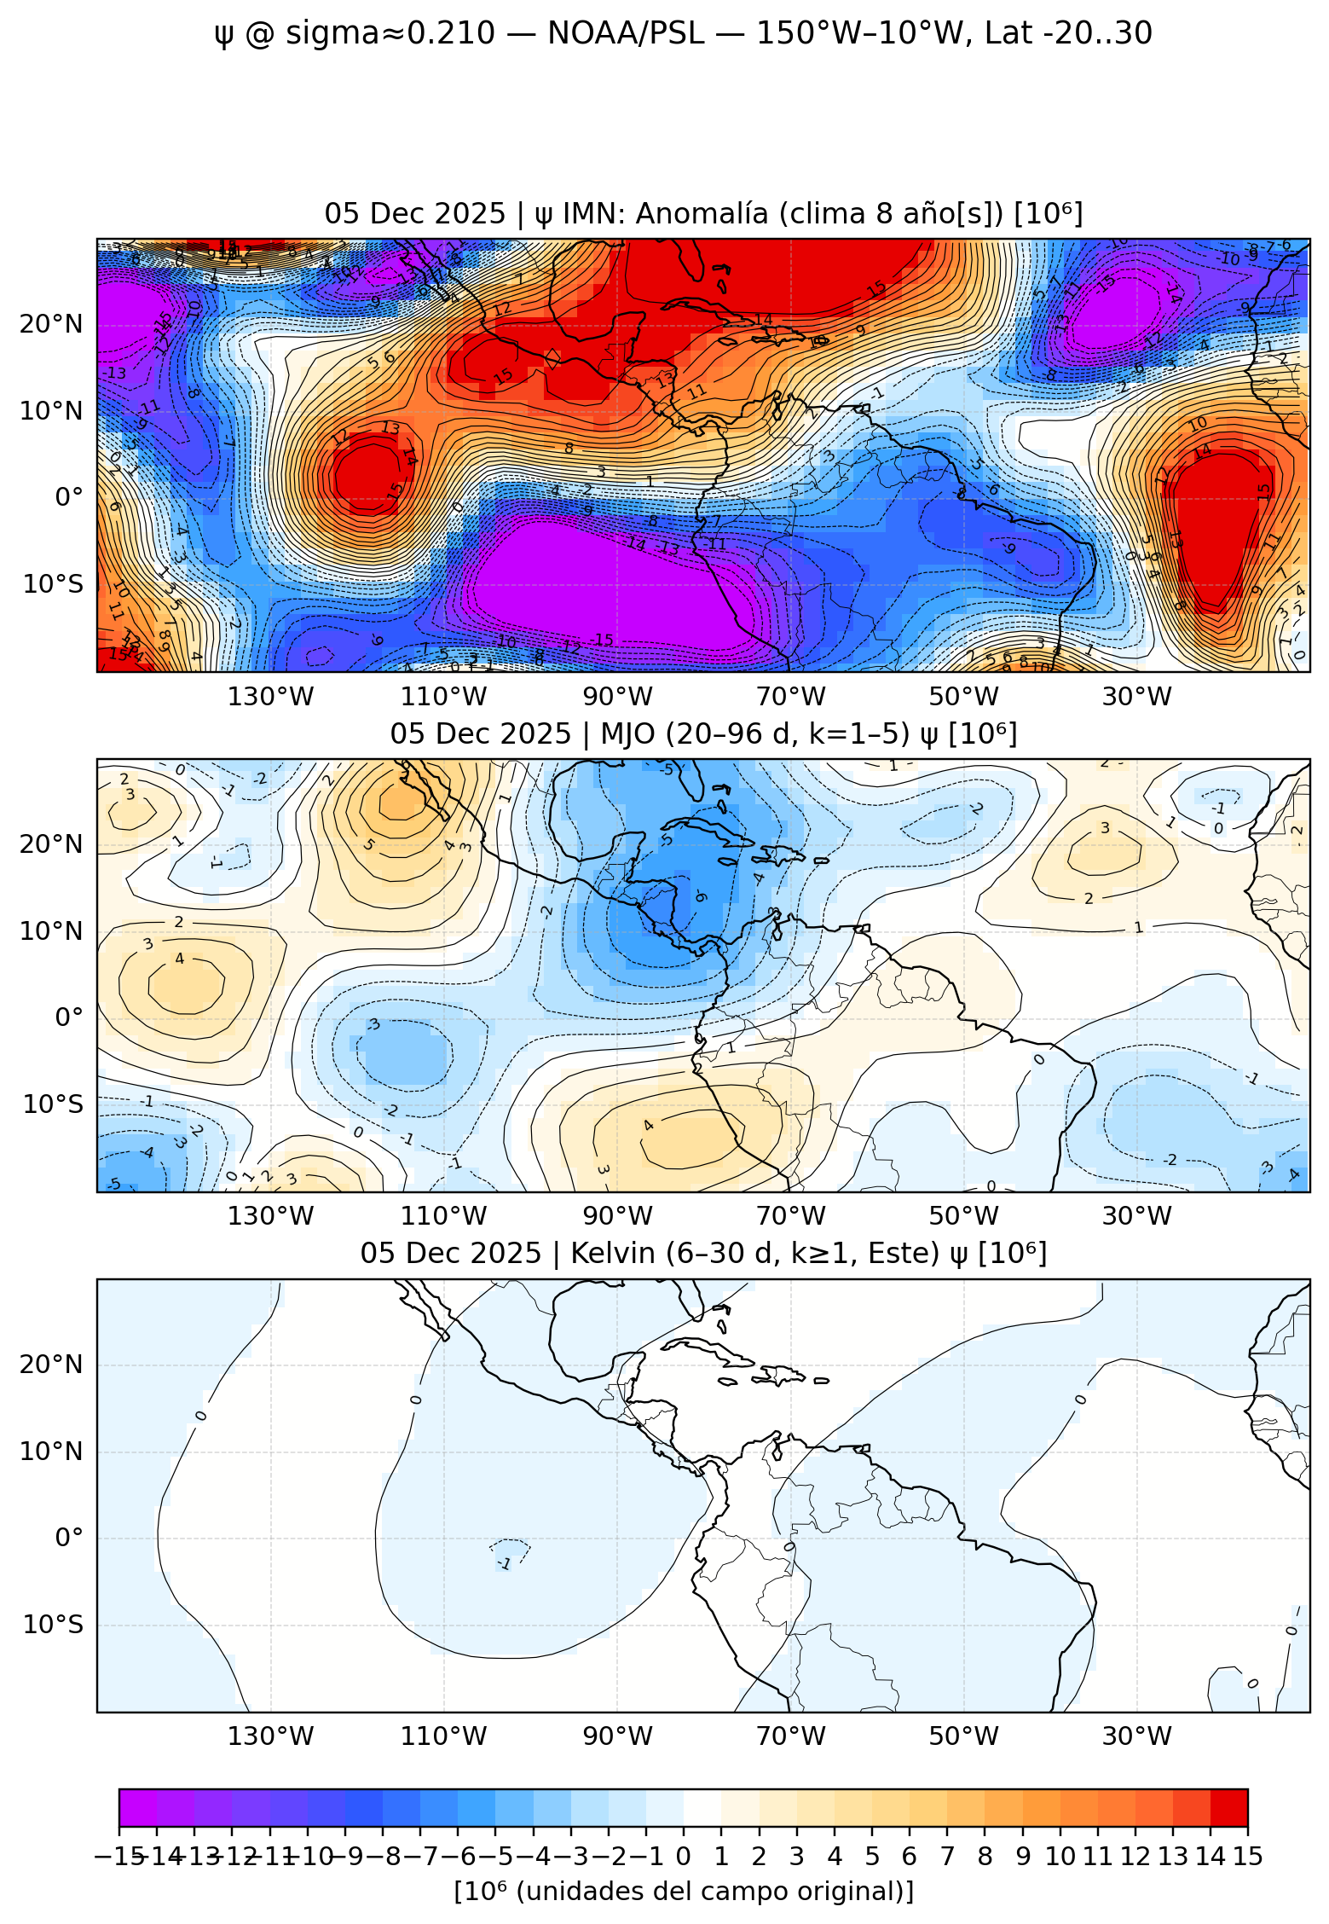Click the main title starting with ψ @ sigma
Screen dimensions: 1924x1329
682,34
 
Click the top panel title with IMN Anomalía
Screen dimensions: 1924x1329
703,213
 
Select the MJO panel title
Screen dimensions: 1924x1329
703,733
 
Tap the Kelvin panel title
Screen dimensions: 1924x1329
703,1253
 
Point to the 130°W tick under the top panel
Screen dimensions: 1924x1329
270,697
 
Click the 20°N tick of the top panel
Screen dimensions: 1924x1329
51,324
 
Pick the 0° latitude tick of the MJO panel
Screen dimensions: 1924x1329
68,1017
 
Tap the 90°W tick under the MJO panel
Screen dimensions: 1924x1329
617,1215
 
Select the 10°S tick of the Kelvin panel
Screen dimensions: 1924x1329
53,1624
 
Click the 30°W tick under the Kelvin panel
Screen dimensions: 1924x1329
1136,1736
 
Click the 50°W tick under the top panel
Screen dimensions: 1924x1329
963,697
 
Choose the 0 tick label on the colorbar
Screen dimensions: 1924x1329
683,1857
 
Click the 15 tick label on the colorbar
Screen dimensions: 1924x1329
1246,1857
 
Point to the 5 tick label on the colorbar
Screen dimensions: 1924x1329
871,1857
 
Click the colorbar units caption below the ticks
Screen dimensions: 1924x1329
683,1892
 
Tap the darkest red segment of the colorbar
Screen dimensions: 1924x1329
1228,1807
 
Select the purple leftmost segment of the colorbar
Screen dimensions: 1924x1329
138,1807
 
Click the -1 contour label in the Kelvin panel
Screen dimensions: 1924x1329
505,1564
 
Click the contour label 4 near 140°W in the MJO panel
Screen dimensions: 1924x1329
179,959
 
